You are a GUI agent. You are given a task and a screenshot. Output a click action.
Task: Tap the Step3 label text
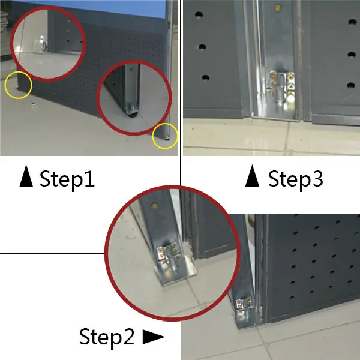tap(296, 179)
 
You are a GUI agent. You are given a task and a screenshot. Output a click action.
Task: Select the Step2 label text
tap(107, 337)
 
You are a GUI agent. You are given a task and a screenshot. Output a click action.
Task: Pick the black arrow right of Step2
tap(154, 337)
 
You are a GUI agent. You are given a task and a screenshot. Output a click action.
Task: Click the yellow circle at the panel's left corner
tap(19, 85)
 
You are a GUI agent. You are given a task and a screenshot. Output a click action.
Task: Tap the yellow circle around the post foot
tap(165, 136)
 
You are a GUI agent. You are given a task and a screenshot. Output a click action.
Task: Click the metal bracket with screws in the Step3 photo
tap(282, 86)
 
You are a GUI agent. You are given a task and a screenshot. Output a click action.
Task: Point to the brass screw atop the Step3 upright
tap(277, 8)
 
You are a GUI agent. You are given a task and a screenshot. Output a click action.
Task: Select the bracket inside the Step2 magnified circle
tap(175, 264)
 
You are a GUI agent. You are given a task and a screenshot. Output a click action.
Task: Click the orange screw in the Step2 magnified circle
tap(154, 206)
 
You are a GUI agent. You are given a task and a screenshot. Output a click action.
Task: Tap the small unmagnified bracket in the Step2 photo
tap(245, 307)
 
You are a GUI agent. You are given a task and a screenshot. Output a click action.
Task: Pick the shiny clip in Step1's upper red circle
tap(43, 44)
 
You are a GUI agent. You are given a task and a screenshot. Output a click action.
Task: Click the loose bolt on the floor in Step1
tap(34, 104)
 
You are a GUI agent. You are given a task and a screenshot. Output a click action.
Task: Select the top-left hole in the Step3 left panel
tap(199, 15)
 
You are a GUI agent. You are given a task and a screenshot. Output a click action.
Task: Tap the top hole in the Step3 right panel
tap(352, 22)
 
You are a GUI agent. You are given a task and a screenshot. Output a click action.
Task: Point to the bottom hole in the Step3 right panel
tap(351, 85)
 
